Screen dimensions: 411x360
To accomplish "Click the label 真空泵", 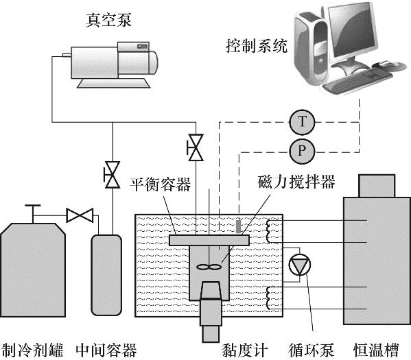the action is click(108, 20).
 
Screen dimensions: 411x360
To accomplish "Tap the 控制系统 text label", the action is click(257, 46).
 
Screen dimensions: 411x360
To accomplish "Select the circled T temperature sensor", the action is click(302, 122).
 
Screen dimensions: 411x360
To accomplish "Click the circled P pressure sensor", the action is click(302, 152).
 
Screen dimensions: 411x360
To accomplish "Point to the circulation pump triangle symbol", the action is click(300, 265).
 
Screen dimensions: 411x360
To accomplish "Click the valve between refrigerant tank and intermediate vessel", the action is click(80, 215).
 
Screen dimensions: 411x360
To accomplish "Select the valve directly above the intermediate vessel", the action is click(113, 175).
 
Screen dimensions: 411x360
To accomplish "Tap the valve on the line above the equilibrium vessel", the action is click(196, 147).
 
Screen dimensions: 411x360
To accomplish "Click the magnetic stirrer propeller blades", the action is click(209, 267).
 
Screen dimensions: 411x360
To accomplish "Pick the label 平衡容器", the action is click(160, 184).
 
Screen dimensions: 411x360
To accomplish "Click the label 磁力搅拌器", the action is click(296, 182).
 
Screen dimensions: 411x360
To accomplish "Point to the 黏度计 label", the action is click(245, 350).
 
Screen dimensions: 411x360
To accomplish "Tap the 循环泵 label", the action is click(312, 350).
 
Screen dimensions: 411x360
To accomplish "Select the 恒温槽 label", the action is click(376, 350).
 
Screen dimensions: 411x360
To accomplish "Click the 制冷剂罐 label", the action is click(32, 350).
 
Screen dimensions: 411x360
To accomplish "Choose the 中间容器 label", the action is click(106, 350).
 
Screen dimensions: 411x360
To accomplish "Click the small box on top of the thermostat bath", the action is click(377, 186).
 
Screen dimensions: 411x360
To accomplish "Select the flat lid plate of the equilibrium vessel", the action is click(209, 240).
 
